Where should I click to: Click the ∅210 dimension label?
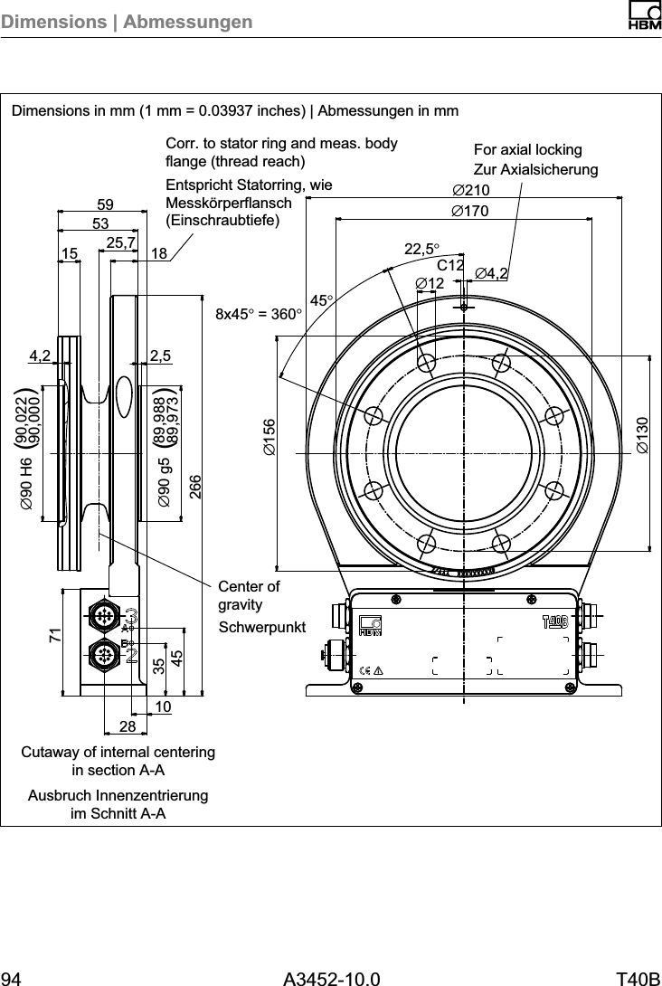[x=470, y=190]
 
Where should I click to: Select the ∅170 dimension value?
[x=470, y=211]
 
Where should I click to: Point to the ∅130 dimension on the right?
[x=642, y=435]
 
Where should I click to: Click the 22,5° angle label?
[x=421, y=249]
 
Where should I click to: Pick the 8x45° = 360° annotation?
[x=256, y=315]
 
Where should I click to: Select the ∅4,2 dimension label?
[x=494, y=273]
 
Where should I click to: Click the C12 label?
[x=450, y=266]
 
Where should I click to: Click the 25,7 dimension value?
[x=121, y=242]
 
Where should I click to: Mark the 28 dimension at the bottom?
[x=127, y=727]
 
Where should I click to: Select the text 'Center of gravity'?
[x=249, y=594]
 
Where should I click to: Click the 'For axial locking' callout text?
[x=528, y=149]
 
